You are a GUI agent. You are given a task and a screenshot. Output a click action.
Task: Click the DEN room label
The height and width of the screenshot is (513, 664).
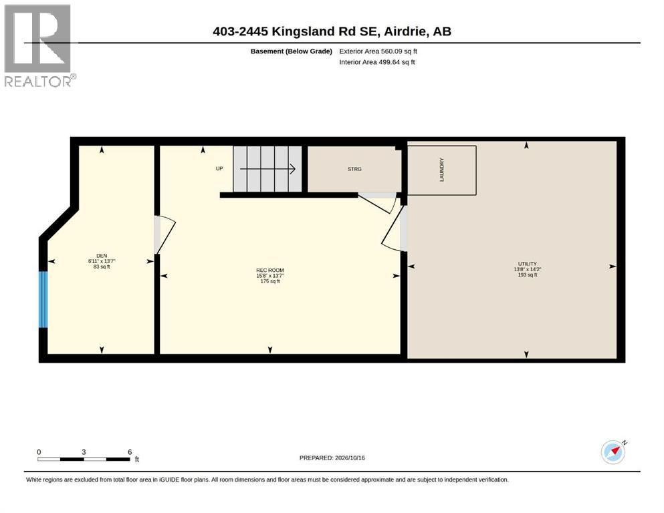point(102,255)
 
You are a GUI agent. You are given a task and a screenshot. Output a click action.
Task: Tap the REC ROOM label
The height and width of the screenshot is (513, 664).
point(270,271)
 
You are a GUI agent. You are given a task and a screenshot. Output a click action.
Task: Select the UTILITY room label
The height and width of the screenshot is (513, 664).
point(527,263)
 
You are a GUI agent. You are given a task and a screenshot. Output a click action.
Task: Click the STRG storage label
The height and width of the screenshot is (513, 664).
point(354,169)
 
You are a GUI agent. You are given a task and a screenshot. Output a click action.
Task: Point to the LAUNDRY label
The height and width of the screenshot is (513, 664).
point(442,170)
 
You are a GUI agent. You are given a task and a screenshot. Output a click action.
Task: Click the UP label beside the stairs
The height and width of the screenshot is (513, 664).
point(219,168)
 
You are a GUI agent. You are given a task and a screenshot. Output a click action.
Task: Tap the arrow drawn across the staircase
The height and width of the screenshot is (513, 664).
point(267,169)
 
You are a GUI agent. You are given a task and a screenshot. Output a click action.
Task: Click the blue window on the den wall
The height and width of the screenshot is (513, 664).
point(43,299)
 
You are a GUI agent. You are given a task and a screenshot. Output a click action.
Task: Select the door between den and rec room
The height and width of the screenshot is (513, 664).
point(164,235)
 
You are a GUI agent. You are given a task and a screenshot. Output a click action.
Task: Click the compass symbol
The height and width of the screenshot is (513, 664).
point(614,452)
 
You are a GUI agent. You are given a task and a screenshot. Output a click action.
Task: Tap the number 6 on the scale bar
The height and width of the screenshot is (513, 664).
point(130,452)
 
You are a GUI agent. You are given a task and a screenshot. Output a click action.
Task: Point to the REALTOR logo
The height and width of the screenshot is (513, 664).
point(39,45)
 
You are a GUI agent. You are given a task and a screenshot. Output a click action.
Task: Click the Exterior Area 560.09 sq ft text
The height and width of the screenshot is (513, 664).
point(378,51)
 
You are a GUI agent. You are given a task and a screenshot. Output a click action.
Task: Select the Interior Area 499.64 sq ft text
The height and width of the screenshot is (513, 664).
point(377,62)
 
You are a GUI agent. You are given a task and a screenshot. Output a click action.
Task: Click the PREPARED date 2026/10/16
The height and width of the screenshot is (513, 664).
point(349,458)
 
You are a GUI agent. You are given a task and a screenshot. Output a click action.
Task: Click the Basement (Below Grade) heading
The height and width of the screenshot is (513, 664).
point(292,51)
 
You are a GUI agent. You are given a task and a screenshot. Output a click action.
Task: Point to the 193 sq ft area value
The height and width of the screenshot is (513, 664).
point(527,275)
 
